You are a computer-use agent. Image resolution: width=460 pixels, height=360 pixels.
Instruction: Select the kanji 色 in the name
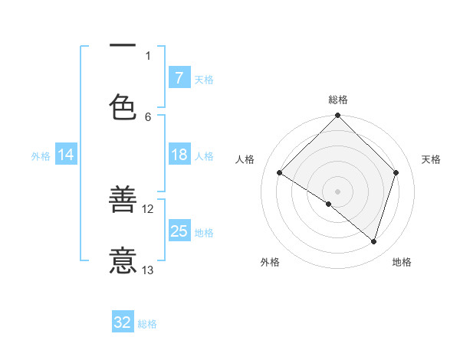pos(123,106)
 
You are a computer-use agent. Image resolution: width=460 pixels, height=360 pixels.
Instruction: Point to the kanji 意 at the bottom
pos(123,260)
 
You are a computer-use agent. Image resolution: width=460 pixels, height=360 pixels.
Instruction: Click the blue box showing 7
pos(179,78)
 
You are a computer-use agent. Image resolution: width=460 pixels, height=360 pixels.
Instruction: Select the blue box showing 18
pos(179,155)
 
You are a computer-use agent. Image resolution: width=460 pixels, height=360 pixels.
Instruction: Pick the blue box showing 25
pos(179,232)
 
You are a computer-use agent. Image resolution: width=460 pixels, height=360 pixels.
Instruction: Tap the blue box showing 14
pos(66,155)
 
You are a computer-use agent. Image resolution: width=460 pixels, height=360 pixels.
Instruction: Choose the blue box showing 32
pos(123,323)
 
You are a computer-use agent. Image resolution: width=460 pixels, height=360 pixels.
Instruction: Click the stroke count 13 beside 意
pos(149,270)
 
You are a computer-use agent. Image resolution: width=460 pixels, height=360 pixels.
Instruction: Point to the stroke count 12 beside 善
pos(149,208)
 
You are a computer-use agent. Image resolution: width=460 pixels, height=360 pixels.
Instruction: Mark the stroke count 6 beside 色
pos(149,116)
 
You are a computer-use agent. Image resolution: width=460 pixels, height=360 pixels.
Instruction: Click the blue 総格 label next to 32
pos(148,324)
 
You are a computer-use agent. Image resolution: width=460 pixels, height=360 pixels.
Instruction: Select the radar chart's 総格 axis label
pos(338,100)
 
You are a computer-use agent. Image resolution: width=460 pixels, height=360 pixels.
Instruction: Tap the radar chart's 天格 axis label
pos(432,159)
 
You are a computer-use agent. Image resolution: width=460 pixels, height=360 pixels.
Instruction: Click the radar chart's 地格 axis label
pos(402,262)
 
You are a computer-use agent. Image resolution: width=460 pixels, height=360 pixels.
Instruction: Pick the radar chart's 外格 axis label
pos(270,262)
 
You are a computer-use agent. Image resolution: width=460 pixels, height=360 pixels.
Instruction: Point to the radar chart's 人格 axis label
pos(245,159)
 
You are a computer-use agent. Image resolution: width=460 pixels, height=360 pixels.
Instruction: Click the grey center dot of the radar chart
pos(337,191)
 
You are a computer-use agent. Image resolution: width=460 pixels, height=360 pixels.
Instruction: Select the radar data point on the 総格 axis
pos(337,117)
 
